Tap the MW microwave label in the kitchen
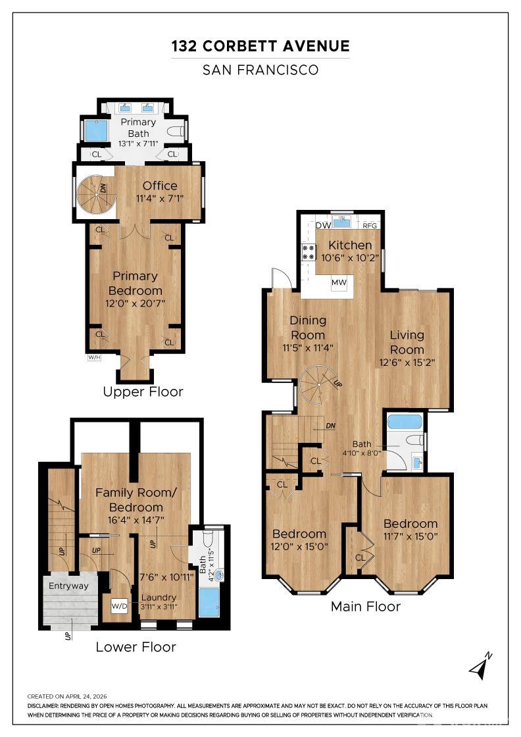(x=339, y=282)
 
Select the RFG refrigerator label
(x=370, y=226)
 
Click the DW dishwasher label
(x=323, y=225)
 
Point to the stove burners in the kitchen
(x=309, y=252)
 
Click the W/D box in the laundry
(x=119, y=606)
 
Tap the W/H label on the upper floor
(x=95, y=357)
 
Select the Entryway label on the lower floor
(x=68, y=586)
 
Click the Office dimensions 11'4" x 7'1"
(x=160, y=198)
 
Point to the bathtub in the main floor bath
(x=405, y=420)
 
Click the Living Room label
(x=407, y=342)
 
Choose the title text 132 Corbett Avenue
(x=260, y=46)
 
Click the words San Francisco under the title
(x=260, y=70)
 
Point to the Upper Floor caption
(x=143, y=392)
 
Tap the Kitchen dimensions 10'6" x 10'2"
(x=350, y=258)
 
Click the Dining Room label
(x=308, y=328)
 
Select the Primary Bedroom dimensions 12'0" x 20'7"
(x=136, y=303)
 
